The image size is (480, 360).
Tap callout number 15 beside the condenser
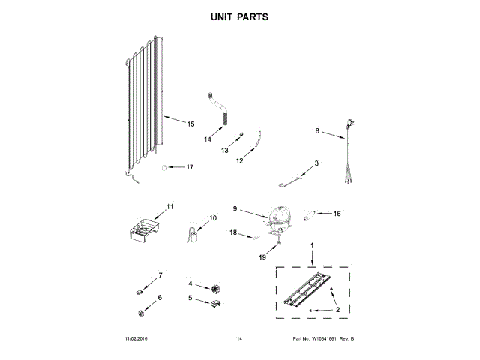(x=190, y=124)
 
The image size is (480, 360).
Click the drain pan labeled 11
(x=144, y=229)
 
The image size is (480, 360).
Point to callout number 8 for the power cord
(x=317, y=131)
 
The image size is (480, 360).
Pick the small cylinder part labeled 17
(x=163, y=167)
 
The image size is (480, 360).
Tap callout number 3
(x=316, y=163)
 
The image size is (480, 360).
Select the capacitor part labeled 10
(x=196, y=236)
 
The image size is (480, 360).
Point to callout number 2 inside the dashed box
(x=337, y=309)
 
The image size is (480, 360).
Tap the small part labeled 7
(x=139, y=291)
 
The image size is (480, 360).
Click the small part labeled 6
(x=140, y=313)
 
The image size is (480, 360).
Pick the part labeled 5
(x=214, y=303)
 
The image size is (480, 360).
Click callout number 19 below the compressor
(x=262, y=257)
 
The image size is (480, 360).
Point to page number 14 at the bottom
(x=239, y=340)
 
